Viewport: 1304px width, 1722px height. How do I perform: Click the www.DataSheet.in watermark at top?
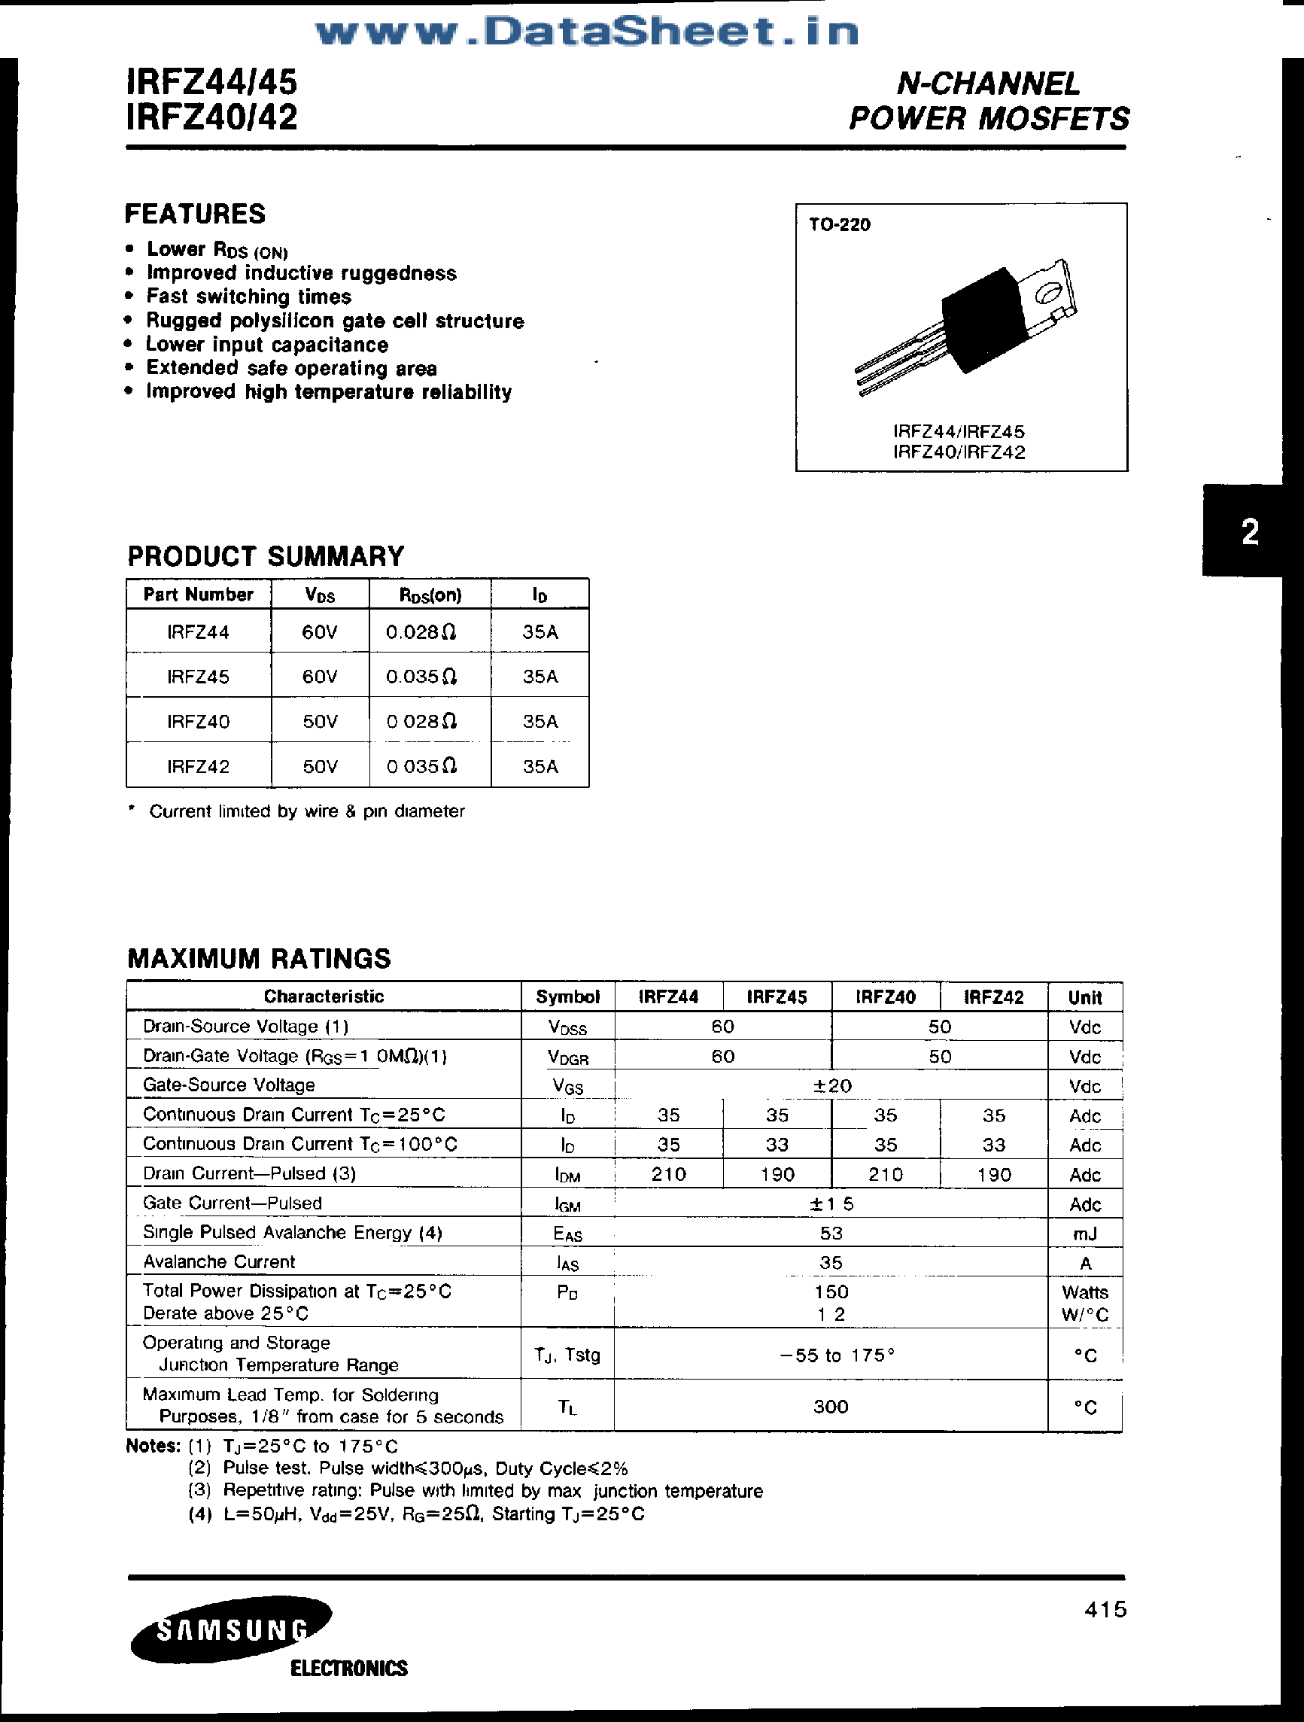coord(587,32)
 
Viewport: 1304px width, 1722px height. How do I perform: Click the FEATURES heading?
coord(196,214)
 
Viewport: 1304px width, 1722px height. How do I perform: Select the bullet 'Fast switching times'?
coord(248,297)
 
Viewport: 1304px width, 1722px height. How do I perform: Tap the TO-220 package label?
coord(839,225)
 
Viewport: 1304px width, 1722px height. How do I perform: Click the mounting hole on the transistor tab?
coord(1047,294)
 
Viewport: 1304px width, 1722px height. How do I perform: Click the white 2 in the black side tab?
coord(1250,533)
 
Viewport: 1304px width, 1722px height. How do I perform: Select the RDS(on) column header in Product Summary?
coord(430,595)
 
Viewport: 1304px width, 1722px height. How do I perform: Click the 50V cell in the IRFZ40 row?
coord(320,722)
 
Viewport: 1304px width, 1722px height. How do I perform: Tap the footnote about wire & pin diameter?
coord(306,811)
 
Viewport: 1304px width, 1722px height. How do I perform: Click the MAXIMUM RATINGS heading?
coord(260,958)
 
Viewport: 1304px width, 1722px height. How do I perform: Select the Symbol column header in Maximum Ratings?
coord(567,997)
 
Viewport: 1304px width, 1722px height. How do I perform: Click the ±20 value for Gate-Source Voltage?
coord(831,1085)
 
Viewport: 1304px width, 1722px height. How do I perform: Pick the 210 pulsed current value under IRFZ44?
coord(668,1174)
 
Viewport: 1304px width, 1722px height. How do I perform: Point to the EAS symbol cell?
coord(567,1233)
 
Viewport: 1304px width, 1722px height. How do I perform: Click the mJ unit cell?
coord(1084,1233)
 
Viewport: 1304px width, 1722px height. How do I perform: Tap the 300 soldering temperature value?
coord(831,1406)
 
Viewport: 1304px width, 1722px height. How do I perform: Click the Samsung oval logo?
coord(231,1629)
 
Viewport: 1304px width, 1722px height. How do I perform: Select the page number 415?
coord(1105,1609)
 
